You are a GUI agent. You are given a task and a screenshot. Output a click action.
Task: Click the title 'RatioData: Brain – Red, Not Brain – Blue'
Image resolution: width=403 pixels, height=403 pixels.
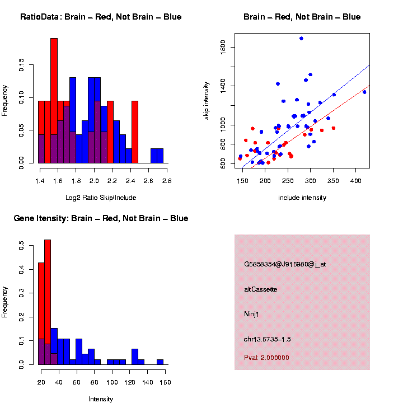101,17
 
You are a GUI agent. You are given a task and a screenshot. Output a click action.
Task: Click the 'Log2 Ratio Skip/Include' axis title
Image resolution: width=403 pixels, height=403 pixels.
101,197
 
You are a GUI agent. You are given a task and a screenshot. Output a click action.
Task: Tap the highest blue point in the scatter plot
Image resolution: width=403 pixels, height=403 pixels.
301,39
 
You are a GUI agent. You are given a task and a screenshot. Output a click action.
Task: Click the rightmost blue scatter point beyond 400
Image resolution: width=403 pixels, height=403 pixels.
364,92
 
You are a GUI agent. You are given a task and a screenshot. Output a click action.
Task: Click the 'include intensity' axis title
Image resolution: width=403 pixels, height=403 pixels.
302,197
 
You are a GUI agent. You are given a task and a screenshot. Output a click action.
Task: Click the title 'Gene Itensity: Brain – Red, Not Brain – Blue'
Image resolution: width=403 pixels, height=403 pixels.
101,218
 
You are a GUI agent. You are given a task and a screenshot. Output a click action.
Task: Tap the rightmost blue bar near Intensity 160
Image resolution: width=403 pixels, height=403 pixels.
160,362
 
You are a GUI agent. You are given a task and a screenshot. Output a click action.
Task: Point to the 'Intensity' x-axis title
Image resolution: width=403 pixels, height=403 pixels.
101,399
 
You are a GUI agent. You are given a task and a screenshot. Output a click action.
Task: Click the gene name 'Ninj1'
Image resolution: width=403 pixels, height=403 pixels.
252,314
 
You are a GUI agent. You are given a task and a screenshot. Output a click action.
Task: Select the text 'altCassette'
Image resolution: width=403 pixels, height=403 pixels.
261,289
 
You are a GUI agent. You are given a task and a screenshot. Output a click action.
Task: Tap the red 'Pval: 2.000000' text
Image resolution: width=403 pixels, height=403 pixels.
266,358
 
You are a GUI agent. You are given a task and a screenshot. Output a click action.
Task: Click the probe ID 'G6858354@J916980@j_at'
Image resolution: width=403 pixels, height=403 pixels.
285,264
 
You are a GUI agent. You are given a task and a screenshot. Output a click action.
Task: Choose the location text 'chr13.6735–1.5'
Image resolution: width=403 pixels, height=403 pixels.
268,339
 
